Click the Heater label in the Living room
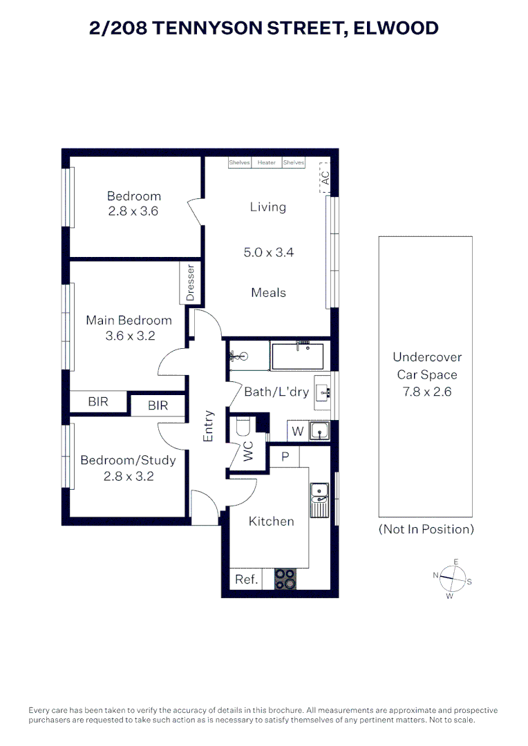click(x=267, y=163)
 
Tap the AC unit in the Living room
click(x=325, y=178)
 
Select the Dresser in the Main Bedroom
click(x=191, y=282)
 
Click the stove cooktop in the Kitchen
click(x=285, y=578)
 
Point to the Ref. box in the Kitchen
click(x=247, y=580)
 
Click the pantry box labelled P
click(x=284, y=457)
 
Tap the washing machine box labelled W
click(x=297, y=432)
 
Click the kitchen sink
click(x=319, y=499)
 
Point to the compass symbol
click(x=450, y=577)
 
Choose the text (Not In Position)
click(x=426, y=529)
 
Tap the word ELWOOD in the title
click(x=395, y=28)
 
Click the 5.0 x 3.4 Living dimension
click(x=268, y=253)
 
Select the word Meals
click(x=268, y=293)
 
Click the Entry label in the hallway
click(x=209, y=425)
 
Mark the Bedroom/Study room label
click(x=128, y=460)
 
